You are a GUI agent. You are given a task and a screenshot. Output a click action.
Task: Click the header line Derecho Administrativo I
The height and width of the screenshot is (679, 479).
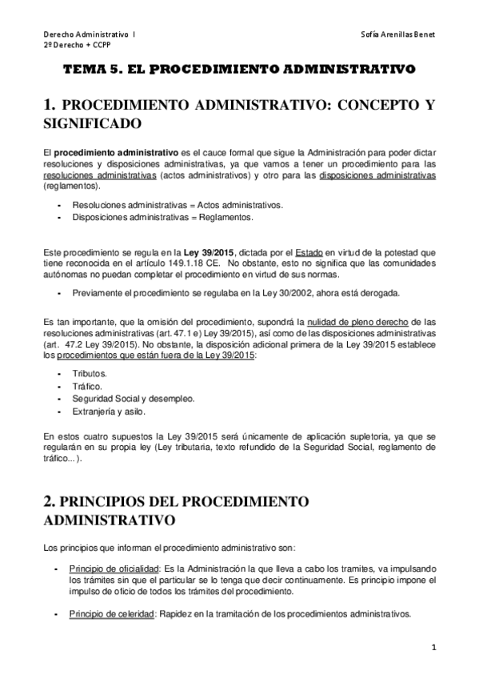[x=89, y=35]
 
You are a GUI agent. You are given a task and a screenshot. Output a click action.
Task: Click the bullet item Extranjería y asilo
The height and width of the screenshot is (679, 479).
[x=107, y=412]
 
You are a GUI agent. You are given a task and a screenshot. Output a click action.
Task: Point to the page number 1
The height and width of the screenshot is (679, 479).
[x=431, y=646]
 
